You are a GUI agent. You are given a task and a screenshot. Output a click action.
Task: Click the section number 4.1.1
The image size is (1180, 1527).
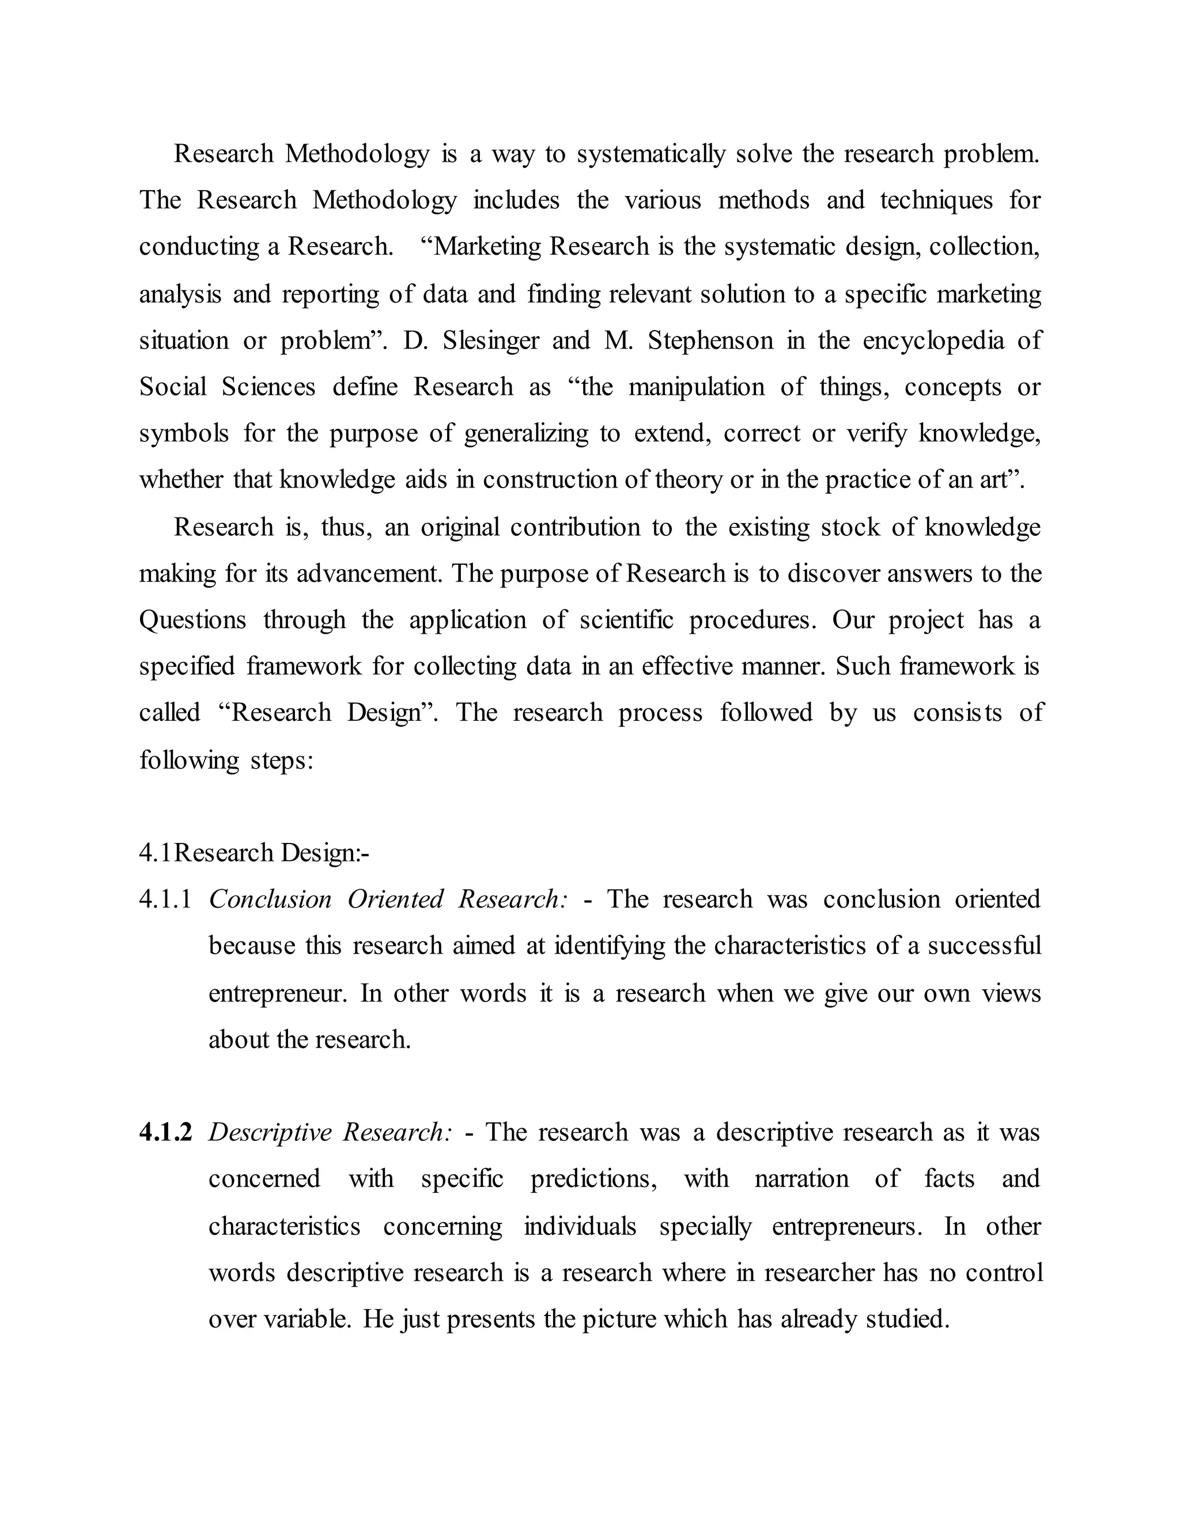[x=165, y=899]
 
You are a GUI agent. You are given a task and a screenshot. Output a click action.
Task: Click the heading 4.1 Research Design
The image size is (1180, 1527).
[x=254, y=853]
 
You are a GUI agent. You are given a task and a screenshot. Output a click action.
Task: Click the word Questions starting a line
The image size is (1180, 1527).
[x=192, y=620]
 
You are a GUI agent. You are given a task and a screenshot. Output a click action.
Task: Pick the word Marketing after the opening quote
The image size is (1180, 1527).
[x=486, y=247]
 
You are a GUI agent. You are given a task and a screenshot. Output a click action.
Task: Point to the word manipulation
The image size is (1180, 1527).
[x=696, y=387]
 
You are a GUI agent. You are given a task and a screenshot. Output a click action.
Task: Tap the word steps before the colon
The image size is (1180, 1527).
[x=278, y=760]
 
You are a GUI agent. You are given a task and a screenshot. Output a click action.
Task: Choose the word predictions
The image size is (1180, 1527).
[x=593, y=1179]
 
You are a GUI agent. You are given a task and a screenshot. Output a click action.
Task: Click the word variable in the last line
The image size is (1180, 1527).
[x=300, y=1318]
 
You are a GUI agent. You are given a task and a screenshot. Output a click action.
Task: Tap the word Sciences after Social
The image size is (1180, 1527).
[x=268, y=387]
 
